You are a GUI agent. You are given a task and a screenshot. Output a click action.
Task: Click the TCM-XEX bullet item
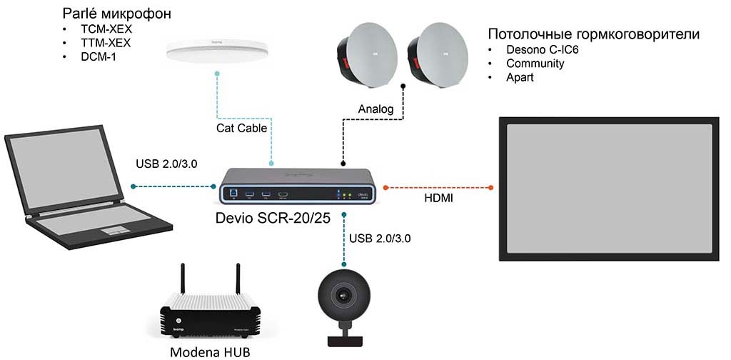coord(106,29)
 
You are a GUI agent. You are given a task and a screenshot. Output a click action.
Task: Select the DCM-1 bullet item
coord(99,58)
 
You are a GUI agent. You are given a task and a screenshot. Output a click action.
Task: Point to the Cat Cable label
coord(241,127)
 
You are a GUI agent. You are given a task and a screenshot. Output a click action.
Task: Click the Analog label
coord(375,109)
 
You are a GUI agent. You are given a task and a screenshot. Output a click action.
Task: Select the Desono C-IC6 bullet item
coord(543,49)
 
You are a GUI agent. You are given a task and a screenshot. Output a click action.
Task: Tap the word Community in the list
coord(535,64)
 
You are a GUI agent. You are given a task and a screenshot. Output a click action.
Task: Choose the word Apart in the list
coord(520,77)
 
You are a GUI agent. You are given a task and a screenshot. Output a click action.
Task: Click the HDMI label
coord(438,199)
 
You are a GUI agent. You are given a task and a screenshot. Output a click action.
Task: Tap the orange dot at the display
coord(491,187)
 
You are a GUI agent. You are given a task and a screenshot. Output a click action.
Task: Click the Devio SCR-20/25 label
coord(273,219)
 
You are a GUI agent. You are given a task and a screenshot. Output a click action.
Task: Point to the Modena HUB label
coord(210,351)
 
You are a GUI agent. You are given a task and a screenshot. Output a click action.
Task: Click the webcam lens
coord(344,296)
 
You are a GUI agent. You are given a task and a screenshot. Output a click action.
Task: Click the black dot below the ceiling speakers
coord(403,86)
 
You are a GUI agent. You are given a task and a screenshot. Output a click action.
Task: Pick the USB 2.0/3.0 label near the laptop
coord(167,164)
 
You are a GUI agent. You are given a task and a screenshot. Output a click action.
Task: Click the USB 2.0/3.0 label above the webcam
coord(380,239)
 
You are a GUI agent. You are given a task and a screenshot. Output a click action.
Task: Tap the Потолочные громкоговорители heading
coord(594,34)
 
